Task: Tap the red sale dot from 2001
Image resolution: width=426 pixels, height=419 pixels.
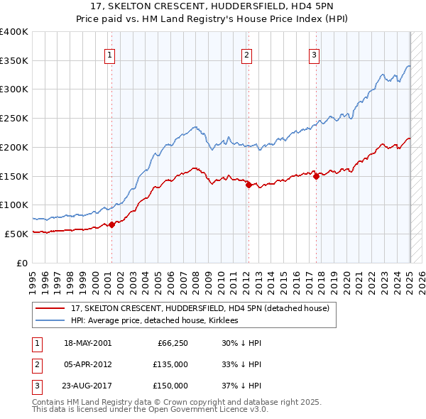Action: pyautogui.click(x=111, y=224)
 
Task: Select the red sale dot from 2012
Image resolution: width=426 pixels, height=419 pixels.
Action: pyautogui.click(x=248, y=185)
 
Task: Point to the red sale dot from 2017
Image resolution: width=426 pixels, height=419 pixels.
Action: pyautogui.click(x=317, y=176)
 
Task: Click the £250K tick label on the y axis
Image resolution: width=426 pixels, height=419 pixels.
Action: pyautogui.click(x=14, y=118)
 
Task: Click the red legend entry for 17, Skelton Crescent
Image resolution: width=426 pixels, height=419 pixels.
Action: pyautogui.click(x=200, y=309)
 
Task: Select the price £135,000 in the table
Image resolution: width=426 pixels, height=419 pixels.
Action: pyautogui.click(x=171, y=364)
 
